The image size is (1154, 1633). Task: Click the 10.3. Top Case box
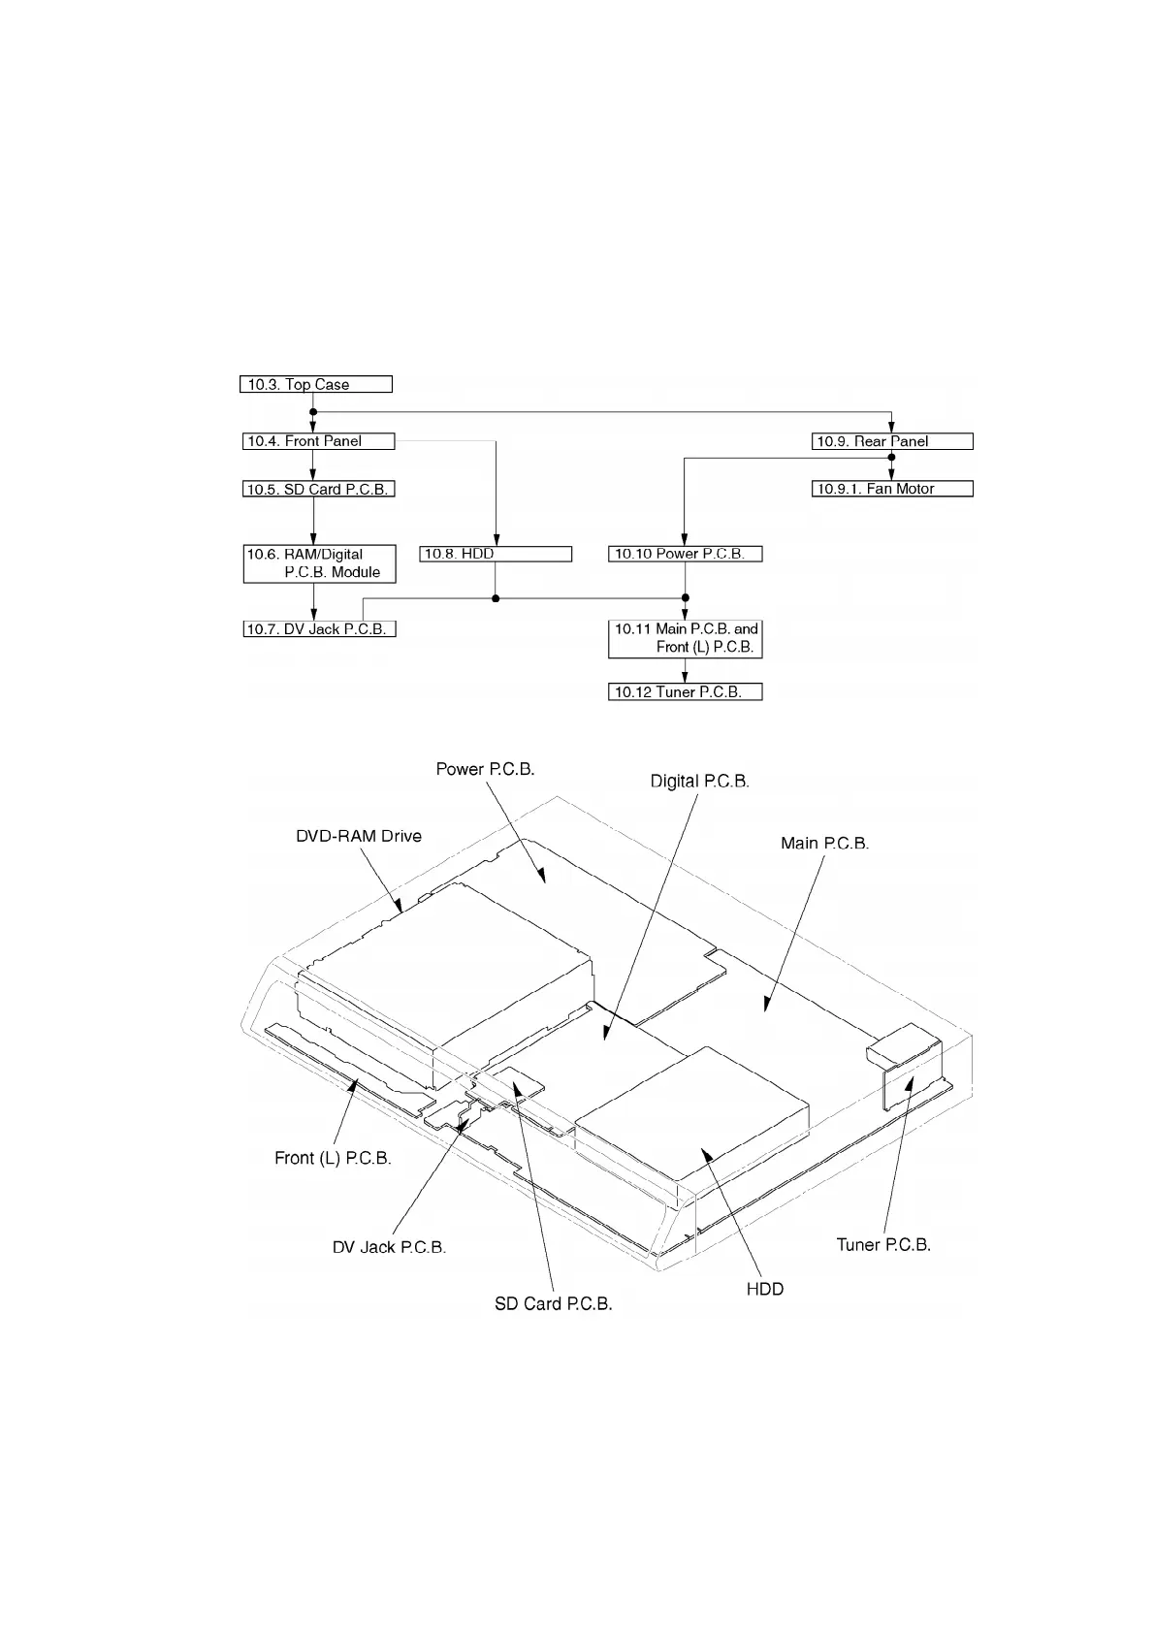[315, 384]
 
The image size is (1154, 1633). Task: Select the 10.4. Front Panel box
[318, 441]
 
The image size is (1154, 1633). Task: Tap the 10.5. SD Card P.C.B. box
[318, 490]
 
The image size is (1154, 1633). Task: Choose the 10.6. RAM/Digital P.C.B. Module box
[319, 563]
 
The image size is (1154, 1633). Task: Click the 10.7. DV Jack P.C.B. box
[319, 629]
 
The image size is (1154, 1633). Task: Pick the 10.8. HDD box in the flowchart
[496, 554]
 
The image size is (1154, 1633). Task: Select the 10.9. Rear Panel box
[892, 441]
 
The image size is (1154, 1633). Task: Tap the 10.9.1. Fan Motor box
[892, 489]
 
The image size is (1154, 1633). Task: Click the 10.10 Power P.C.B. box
[685, 554]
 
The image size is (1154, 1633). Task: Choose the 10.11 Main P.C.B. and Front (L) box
[685, 638]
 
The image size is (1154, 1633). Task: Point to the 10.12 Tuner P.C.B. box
[685, 692]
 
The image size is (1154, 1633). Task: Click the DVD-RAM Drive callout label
[359, 836]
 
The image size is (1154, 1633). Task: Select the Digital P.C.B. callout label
[699, 781]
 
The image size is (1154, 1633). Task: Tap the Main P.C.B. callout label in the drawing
[824, 844]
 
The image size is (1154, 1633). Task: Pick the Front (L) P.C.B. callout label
[333, 1158]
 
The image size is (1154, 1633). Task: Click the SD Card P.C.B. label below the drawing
[554, 1304]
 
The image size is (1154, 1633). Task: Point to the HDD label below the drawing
[764, 1289]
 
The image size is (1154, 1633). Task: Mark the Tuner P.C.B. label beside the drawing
[883, 1245]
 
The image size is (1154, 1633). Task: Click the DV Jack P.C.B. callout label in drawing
[389, 1247]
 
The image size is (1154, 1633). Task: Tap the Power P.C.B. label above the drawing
[485, 769]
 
